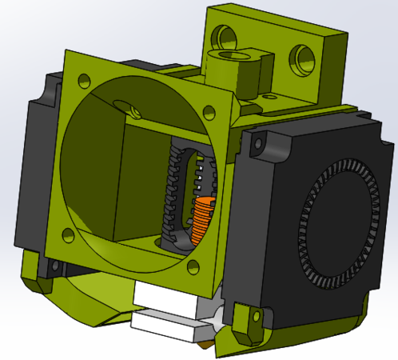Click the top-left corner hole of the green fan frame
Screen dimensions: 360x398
(83, 79)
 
